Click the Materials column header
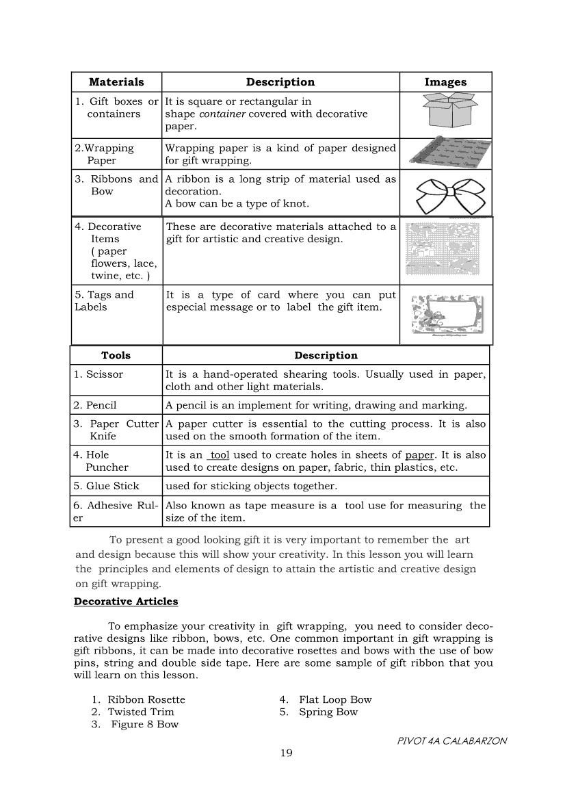(x=116, y=82)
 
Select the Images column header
(x=445, y=82)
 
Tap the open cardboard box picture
(x=445, y=112)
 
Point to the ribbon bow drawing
(x=445, y=196)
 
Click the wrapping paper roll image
(x=445, y=154)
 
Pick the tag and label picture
(x=446, y=315)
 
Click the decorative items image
(x=445, y=250)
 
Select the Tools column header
(x=116, y=356)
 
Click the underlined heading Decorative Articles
(x=126, y=602)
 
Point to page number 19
(x=286, y=753)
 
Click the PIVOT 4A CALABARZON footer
(x=451, y=740)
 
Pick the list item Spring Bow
(x=328, y=712)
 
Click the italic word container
(x=223, y=114)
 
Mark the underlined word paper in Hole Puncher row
(x=419, y=455)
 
